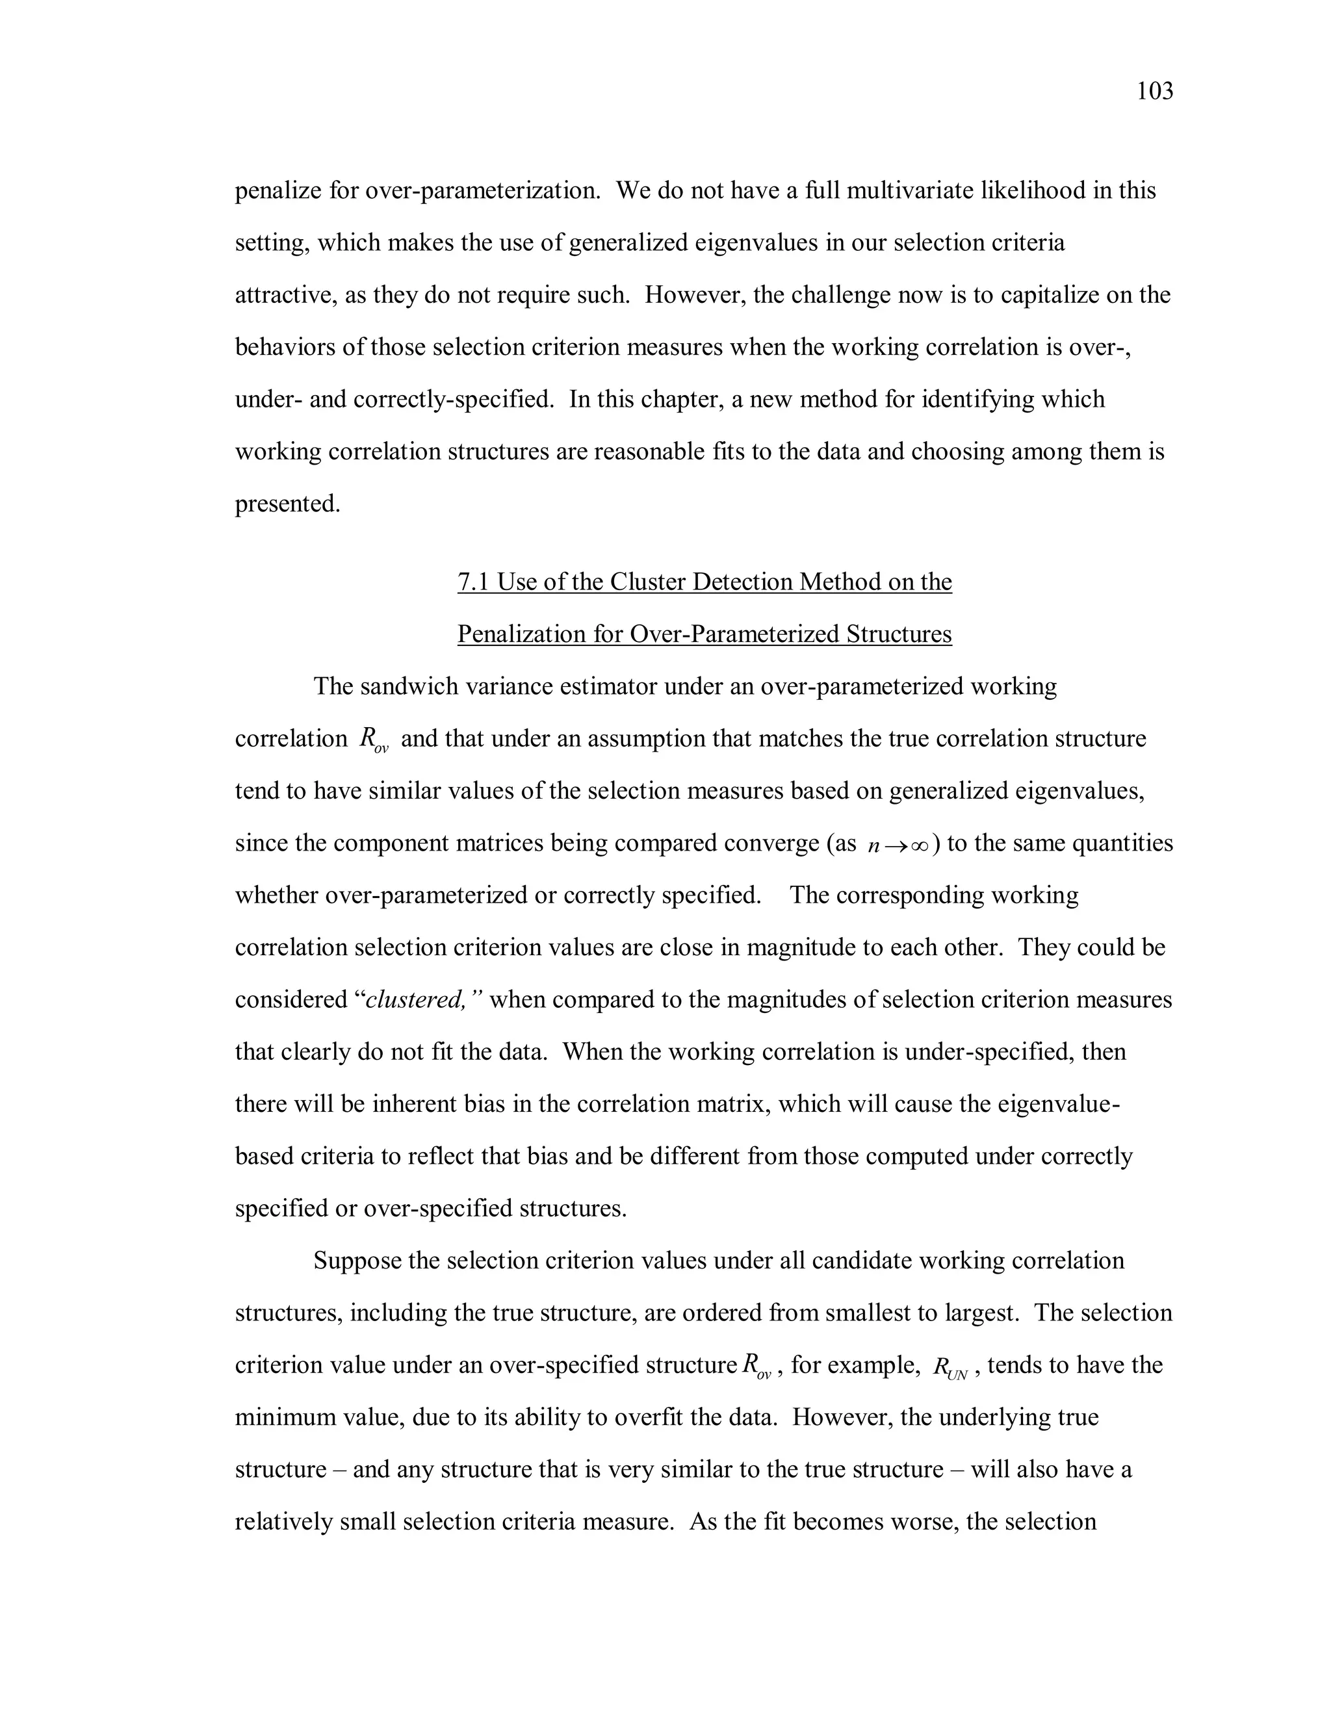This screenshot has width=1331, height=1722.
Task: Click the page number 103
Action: [1154, 92]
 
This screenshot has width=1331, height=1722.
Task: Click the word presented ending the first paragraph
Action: [287, 504]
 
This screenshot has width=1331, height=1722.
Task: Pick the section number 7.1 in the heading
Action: [474, 582]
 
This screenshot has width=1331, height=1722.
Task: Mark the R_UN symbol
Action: [950, 1367]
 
